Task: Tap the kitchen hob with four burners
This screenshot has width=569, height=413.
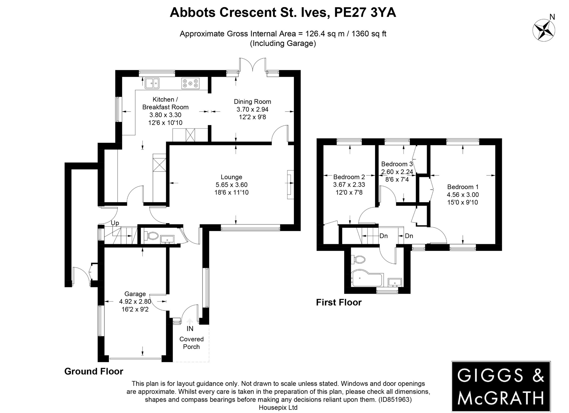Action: coord(190,83)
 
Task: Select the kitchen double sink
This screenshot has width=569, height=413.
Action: coord(152,83)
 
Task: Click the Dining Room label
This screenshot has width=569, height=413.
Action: coord(252,102)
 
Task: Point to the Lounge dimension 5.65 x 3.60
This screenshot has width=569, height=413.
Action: coord(231,185)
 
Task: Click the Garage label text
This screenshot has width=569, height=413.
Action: coord(135,294)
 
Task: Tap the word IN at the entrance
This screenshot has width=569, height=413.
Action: coord(190,329)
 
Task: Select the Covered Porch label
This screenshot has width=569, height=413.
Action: coord(191,343)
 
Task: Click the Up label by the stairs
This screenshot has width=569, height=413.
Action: coord(115,223)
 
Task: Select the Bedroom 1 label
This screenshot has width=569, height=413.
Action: coord(463,187)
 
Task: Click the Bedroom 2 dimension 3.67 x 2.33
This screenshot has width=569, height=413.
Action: coord(349,185)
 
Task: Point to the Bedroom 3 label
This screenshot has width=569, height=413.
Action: coord(397,164)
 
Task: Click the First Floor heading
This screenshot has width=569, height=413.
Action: coord(339,302)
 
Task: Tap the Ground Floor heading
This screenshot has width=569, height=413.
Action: coord(94,371)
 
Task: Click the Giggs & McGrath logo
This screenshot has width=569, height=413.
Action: coord(501,386)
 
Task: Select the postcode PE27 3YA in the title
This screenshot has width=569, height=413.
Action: coord(365,12)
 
